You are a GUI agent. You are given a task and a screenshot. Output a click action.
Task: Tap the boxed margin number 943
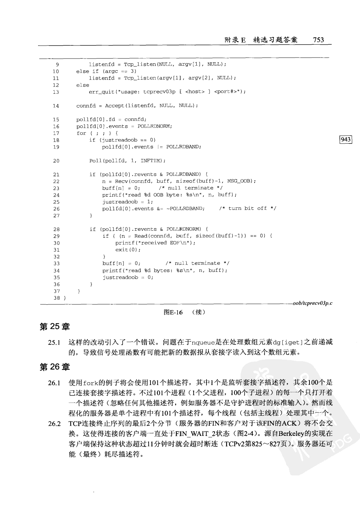click(346, 140)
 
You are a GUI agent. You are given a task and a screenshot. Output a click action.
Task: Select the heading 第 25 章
click(55, 326)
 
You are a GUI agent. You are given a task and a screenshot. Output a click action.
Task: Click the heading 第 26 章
click(55, 367)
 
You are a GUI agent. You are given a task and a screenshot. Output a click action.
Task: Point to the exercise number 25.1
click(54, 343)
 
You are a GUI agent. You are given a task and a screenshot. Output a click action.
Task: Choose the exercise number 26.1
click(54, 383)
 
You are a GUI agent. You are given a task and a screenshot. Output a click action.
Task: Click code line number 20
click(56, 161)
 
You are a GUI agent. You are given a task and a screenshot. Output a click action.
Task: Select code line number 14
click(56, 106)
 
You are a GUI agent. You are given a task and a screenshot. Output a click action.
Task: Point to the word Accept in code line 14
click(115, 106)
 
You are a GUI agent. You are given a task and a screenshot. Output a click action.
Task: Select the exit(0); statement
click(128, 250)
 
